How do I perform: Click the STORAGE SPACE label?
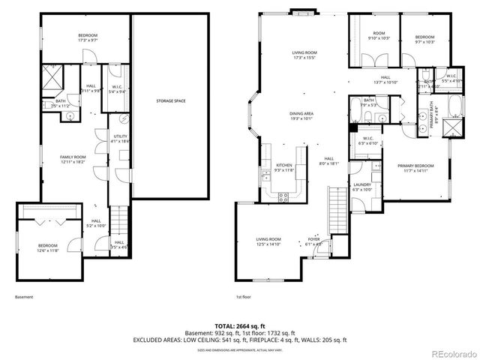tap(170, 100)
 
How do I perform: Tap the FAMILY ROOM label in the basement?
tap(73, 156)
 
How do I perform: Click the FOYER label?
tap(313, 239)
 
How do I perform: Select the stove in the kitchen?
tap(284, 197)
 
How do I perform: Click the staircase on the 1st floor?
tap(337, 209)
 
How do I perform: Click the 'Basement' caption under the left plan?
tap(24, 298)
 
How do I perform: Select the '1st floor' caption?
tap(244, 298)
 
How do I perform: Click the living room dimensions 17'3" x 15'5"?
tap(304, 57)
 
